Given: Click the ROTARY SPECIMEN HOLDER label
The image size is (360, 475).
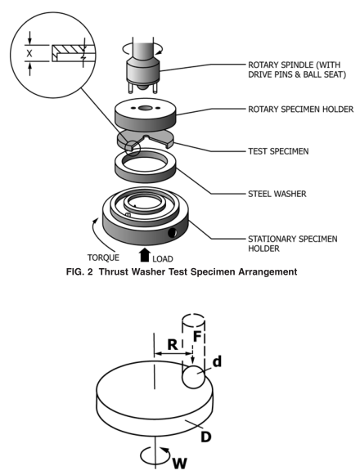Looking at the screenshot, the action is coord(300,110).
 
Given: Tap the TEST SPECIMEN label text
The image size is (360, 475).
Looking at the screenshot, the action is coord(278,151).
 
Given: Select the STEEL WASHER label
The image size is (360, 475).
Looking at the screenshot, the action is coord(277,194).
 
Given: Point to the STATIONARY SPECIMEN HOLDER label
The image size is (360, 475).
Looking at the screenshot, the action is coord(292,244).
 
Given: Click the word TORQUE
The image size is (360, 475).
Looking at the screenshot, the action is coord(103,258).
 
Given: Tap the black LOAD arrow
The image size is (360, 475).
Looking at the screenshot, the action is coord(145,255).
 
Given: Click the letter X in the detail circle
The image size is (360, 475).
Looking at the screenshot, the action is coord(29,54).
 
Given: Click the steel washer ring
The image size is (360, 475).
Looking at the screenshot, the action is coord(146,165).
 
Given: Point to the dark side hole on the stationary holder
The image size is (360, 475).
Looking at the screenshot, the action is coord(173,233).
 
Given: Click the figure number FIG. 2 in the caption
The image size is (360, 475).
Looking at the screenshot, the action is coord(79,271).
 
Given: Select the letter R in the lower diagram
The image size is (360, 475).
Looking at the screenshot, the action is coord(173,344).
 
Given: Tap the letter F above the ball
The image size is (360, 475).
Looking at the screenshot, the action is coord(197,336).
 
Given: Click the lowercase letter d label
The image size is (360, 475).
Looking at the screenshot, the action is coord(217,361).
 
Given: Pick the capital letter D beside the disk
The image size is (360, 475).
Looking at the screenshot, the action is coord(205,437).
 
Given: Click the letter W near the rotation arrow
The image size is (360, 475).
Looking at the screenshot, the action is coord(179,464).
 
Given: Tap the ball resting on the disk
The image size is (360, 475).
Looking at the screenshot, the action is coord(193,377).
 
